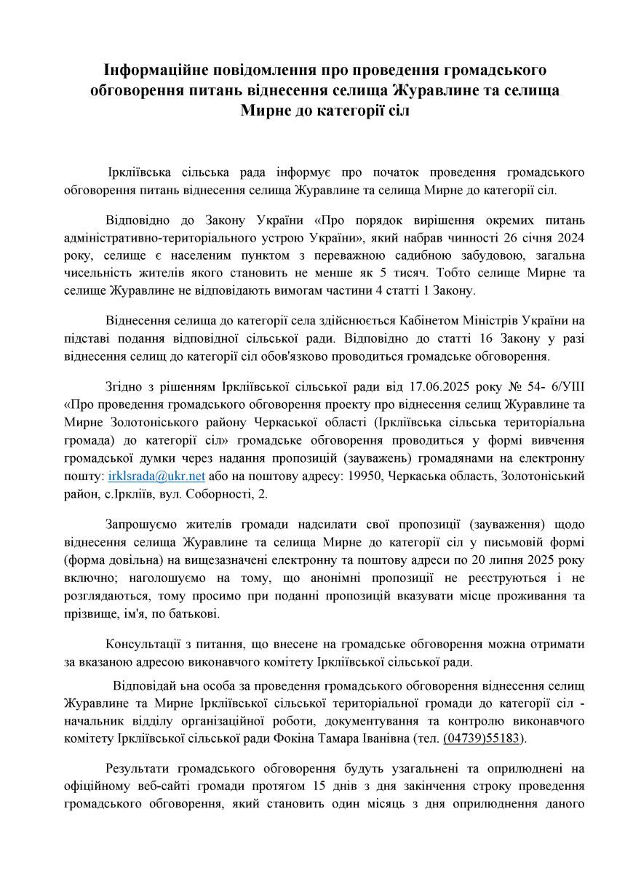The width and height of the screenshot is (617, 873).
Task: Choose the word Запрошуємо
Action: click(140, 525)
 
